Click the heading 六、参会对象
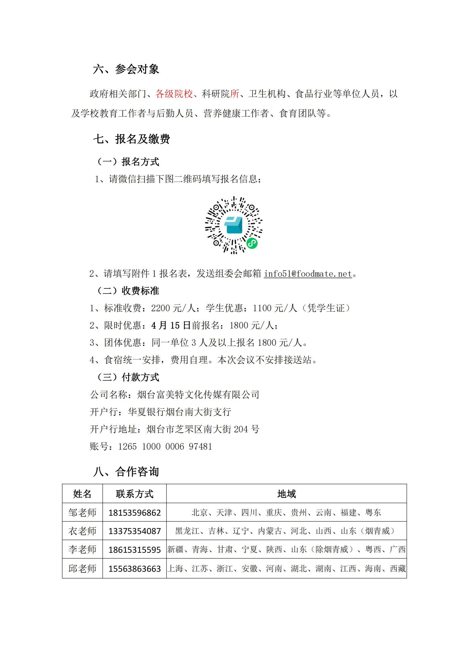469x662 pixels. point(126,69)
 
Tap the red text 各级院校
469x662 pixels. point(174,94)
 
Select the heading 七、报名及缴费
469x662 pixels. point(131,139)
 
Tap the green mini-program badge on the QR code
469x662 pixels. point(252,243)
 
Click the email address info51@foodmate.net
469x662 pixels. point(308,274)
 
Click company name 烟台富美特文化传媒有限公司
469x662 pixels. point(198,395)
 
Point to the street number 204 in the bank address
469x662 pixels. point(241,429)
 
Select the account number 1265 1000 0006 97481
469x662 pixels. point(165,446)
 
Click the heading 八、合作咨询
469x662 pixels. point(126,472)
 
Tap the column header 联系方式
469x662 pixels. point(135,494)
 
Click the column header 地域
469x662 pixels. point(286,494)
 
